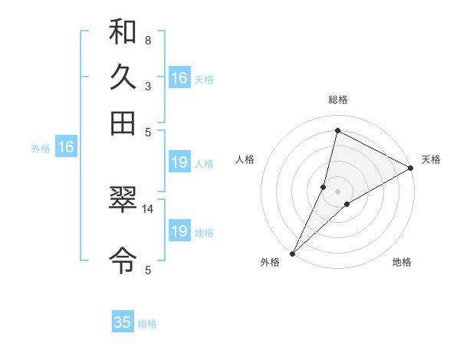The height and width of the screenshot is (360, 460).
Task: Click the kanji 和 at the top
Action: (x=123, y=33)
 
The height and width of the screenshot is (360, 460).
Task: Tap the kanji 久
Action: (x=123, y=77)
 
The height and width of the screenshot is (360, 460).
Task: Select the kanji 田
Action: (x=123, y=123)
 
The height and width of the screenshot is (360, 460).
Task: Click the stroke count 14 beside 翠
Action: (x=148, y=208)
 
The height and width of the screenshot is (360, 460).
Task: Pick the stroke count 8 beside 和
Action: (x=148, y=40)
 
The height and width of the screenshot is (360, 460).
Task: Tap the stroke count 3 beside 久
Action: (x=148, y=86)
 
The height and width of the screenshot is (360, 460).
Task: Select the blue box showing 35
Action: (x=123, y=322)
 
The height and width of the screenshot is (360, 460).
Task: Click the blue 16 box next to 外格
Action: (x=66, y=148)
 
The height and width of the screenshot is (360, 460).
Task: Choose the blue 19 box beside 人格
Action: (x=179, y=162)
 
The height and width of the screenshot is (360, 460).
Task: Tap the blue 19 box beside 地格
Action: (x=179, y=231)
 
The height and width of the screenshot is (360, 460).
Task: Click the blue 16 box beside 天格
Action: (x=179, y=78)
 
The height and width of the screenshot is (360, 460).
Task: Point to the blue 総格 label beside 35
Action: (x=147, y=324)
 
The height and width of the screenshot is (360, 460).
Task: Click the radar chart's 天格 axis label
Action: (x=431, y=159)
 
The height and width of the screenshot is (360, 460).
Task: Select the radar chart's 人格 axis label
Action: (x=245, y=159)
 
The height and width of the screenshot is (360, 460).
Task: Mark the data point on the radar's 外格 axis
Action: (x=292, y=253)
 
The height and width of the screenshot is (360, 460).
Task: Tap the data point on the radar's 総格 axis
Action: (x=337, y=130)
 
